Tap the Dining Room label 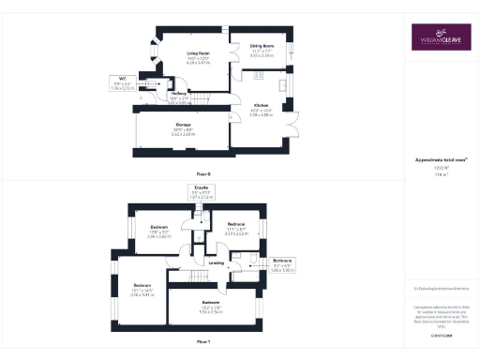[262, 45]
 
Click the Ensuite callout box [201, 193]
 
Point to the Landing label [216, 263]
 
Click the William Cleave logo [436, 37]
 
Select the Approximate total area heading [435, 160]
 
